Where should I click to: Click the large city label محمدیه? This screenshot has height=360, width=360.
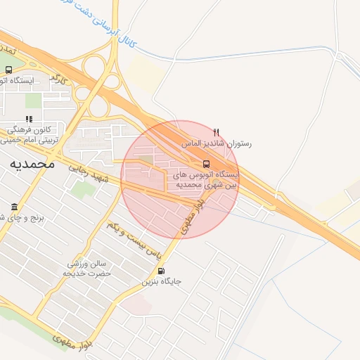(x=32, y=163)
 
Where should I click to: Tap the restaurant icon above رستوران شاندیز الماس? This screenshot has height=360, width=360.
(x=217, y=131)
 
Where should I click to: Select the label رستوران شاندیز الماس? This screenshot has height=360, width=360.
(x=217, y=143)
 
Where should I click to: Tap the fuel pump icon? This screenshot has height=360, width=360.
(x=162, y=271)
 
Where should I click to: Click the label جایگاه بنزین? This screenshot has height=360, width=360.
(x=162, y=282)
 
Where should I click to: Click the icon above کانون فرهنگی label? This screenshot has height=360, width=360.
(x=29, y=120)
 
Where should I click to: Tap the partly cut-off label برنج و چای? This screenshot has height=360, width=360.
(x=21, y=218)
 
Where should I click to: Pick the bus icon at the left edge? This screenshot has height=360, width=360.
(x=8, y=70)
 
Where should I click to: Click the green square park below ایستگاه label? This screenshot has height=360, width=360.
(x=33, y=101)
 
